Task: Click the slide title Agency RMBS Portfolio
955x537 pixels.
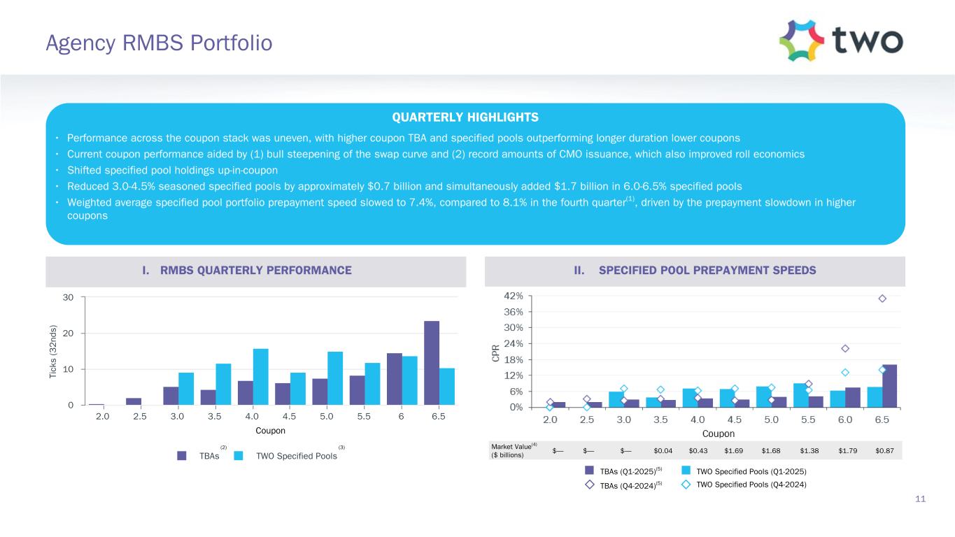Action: pyautogui.click(x=159, y=43)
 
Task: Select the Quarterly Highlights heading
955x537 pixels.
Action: pyautogui.click(x=475, y=117)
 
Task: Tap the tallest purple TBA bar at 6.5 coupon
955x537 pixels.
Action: pyautogui.click(x=432, y=363)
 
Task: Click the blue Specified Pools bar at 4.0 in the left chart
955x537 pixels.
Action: pyautogui.click(x=260, y=377)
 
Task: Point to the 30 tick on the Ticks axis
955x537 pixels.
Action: pyautogui.click(x=69, y=297)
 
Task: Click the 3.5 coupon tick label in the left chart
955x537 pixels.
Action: pyautogui.click(x=214, y=416)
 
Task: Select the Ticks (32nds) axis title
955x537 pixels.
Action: pyautogui.click(x=54, y=352)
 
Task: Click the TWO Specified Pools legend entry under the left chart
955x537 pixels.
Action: pyautogui.click(x=297, y=456)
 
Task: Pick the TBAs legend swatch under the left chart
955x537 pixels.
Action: pyautogui.click(x=182, y=456)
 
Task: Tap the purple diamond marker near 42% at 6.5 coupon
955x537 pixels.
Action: pyautogui.click(x=882, y=299)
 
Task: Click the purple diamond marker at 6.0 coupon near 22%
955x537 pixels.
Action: pyautogui.click(x=845, y=348)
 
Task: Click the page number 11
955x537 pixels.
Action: pyautogui.click(x=920, y=499)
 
